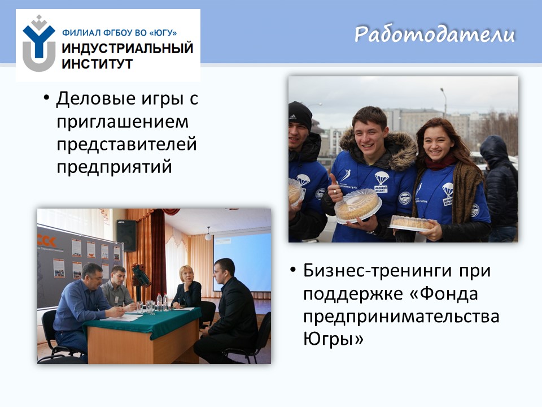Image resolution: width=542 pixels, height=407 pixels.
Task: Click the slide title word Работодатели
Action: tap(435, 34)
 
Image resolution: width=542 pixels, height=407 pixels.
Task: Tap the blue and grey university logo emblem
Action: tap(39, 44)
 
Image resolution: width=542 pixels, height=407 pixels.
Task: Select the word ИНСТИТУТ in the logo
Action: tap(97, 64)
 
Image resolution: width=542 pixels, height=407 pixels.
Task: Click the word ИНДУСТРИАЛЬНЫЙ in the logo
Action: tap(127, 48)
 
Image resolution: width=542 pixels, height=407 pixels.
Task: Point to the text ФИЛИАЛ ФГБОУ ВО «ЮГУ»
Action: tap(119, 33)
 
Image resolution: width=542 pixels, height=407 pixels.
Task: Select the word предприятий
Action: tap(114, 167)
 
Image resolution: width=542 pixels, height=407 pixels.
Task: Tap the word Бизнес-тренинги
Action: tap(378, 271)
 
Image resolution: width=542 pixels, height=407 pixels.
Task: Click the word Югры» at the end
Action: tap(333, 339)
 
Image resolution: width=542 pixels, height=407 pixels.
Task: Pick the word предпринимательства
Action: tap(401, 317)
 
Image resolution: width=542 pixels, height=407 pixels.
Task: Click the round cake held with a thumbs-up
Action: tap(358, 206)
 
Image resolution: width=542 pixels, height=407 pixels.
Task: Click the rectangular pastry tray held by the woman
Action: tap(412, 223)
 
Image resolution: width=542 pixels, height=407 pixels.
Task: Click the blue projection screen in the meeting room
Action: tap(242, 261)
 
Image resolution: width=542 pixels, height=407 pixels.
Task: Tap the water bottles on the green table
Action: tap(162, 302)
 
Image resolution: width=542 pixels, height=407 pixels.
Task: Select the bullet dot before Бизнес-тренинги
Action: tap(294, 270)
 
